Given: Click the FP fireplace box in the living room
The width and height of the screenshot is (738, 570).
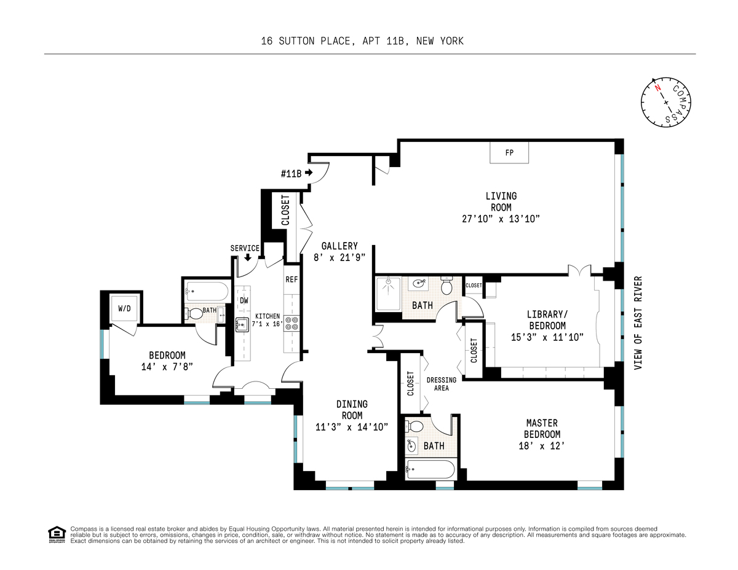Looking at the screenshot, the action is pyautogui.click(x=509, y=152).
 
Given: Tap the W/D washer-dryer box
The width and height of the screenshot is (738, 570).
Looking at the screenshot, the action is pyautogui.click(x=124, y=308).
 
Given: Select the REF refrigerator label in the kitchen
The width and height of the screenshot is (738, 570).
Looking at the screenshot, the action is pyautogui.click(x=292, y=279).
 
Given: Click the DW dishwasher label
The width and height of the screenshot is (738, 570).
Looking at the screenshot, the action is pyautogui.click(x=244, y=300).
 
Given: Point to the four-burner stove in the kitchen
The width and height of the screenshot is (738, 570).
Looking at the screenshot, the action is pyautogui.click(x=292, y=322).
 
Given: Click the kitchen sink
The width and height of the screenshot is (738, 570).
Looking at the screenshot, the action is pyautogui.click(x=242, y=325).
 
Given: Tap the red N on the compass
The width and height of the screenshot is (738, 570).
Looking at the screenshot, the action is pyautogui.click(x=658, y=87).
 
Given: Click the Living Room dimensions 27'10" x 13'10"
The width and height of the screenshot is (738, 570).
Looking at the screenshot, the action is pyautogui.click(x=501, y=219).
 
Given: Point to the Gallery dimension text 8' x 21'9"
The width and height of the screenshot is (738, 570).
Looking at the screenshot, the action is pyautogui.click(x=339, y=258).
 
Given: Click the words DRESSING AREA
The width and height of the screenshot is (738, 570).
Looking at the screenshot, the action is pyautogui.click(x=441, y=384).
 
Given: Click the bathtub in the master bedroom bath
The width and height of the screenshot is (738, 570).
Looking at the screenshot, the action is pyautogui.click(x=430, y=469).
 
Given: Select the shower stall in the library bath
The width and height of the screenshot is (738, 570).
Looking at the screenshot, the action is pyautogui.click(x=388, y=294).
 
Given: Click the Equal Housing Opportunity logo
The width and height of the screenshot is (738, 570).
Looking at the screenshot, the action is pyautogui.click(x=57, y=535).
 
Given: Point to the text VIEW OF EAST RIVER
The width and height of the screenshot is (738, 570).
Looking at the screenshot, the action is pyautogui.click(x=638, y=323).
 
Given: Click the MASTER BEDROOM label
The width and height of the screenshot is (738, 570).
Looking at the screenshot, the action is pyautogui.click(x=542, y=429).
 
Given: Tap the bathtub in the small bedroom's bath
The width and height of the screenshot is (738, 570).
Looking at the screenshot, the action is pyautogui.click(x=207, y=291).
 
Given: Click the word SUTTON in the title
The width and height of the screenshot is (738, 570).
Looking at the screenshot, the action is pyautogui.click(x=296, y=41).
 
